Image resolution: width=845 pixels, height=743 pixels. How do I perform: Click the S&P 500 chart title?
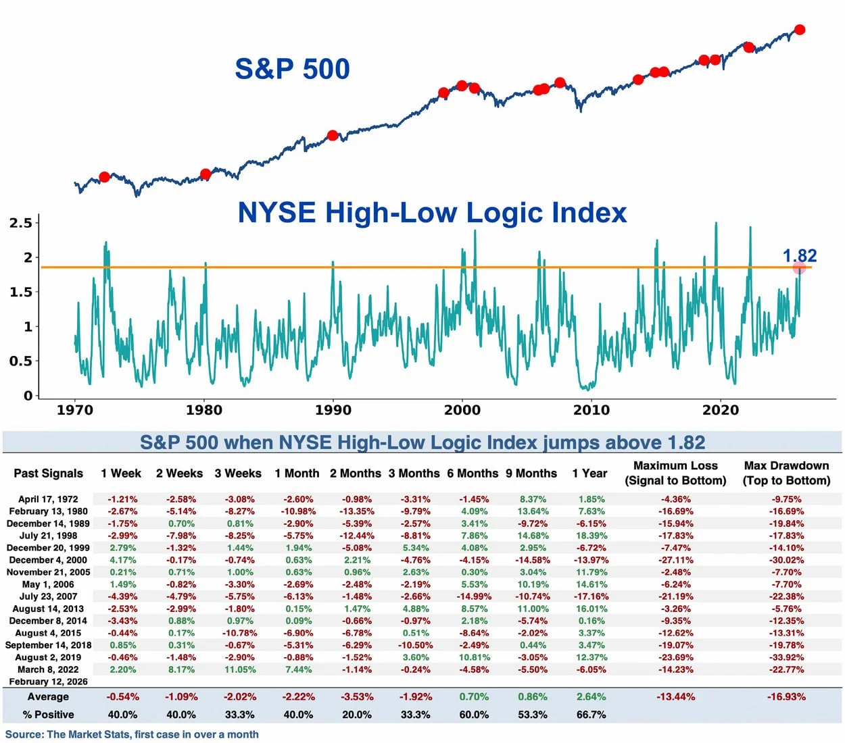tap(292, 69)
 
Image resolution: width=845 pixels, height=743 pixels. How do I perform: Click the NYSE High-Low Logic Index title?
tap(432, 213)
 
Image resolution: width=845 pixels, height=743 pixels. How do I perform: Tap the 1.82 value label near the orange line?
tap(800, 255)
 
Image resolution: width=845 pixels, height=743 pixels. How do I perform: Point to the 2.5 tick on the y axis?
tap(21, 223)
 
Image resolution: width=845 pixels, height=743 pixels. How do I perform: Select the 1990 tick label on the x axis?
tap(333, 410)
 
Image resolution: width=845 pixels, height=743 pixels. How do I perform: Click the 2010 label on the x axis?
tap(591, 410)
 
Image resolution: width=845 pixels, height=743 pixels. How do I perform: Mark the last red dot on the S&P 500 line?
tap(800, 30)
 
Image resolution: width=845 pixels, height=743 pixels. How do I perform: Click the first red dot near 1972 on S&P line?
tap(104, 177)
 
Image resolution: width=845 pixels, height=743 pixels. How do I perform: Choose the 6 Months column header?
tap(473, 473)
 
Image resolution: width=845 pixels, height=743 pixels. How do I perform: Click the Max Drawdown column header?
tap(786, 473)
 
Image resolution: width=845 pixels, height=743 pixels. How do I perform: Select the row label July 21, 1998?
tap(48, 536)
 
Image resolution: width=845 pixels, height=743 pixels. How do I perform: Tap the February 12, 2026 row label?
tap(48, 682)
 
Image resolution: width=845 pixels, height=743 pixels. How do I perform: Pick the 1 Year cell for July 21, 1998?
tap(591, 536)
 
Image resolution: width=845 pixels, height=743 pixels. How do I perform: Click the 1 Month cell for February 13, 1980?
tap(298, 511)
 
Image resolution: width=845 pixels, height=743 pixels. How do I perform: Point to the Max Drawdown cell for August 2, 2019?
tap(786, 657)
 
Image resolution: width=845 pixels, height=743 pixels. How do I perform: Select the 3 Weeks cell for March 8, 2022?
tap(240, 669)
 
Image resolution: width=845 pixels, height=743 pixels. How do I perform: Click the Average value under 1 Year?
tap(591, 696)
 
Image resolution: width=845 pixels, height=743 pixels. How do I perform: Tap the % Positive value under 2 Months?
tap(356, 715)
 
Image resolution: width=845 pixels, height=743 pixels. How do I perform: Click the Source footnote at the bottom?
tap(132, 734)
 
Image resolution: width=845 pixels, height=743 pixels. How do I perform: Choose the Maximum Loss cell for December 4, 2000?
tap(675, 560)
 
